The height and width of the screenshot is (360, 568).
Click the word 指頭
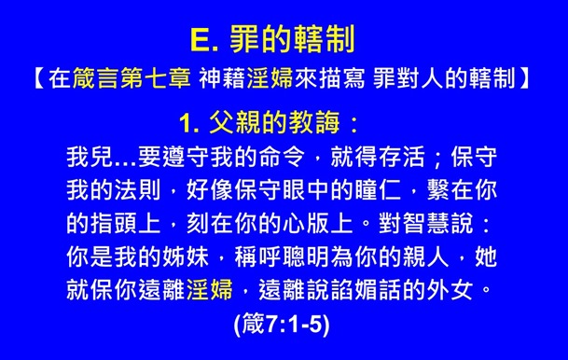click(123, 219)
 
